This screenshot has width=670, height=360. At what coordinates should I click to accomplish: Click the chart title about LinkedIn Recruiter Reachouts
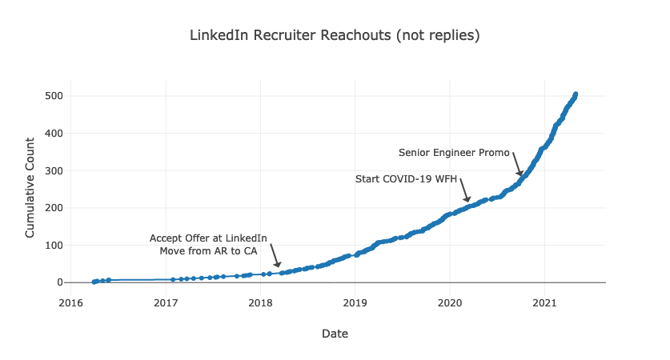(335, 36)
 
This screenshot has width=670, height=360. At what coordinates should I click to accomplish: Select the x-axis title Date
(335, 333)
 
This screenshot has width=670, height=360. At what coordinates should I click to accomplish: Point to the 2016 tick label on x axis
(71, 302)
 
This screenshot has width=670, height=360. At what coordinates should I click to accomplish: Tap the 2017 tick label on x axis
(166, 302)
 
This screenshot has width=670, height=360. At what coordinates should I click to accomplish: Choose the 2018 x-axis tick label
(260, 302)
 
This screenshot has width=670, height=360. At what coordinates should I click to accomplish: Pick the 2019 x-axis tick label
(355, 302)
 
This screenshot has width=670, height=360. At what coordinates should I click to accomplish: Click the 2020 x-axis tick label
(449, 302)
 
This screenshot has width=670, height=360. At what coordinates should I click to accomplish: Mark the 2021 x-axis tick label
(544, 302)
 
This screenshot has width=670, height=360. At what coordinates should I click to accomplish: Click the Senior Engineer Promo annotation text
(454, 153)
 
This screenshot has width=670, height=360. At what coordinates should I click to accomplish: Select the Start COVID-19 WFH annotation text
(406, 179)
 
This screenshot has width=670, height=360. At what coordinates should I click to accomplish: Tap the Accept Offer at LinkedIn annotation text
(208, 238)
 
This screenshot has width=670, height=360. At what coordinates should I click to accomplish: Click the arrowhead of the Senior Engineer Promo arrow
(520, 174)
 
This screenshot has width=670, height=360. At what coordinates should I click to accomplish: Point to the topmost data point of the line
(576, 94)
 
